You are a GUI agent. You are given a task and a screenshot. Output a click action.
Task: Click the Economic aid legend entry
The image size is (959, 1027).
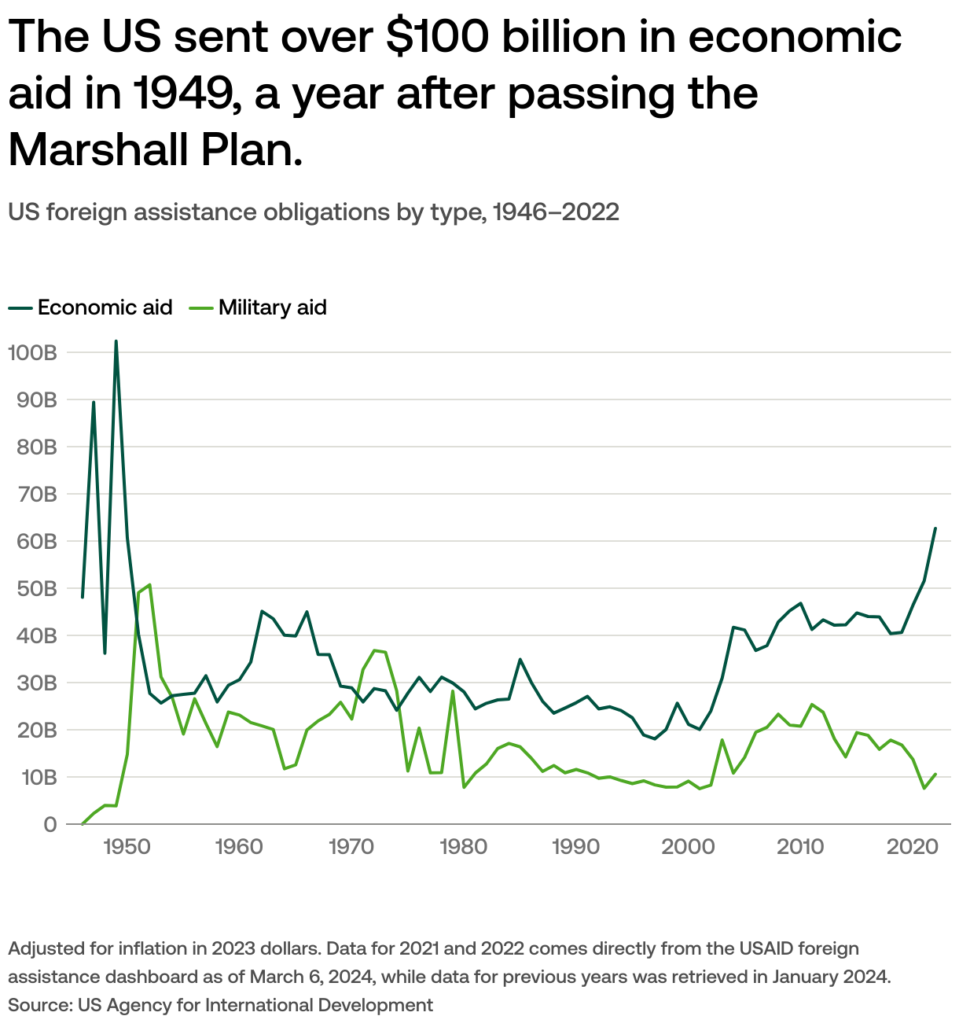(90, 307)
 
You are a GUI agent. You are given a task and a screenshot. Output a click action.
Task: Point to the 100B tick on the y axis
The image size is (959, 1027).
(31, 352)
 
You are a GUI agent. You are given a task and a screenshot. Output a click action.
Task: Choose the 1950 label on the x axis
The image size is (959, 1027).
(127, 847)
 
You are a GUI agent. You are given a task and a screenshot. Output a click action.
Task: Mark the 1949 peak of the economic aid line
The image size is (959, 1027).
(116, 341)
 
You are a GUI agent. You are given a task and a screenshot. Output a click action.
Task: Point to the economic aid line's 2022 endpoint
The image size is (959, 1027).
(935, 528)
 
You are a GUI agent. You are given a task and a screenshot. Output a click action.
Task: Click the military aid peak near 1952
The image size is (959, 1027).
(149, 585)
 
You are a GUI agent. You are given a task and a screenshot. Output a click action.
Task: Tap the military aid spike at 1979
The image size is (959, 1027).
(453, 691)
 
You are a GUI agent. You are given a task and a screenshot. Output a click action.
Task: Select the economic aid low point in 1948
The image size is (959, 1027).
(105, 653)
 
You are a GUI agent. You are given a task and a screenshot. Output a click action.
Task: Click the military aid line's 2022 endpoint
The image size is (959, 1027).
(935, 775)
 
